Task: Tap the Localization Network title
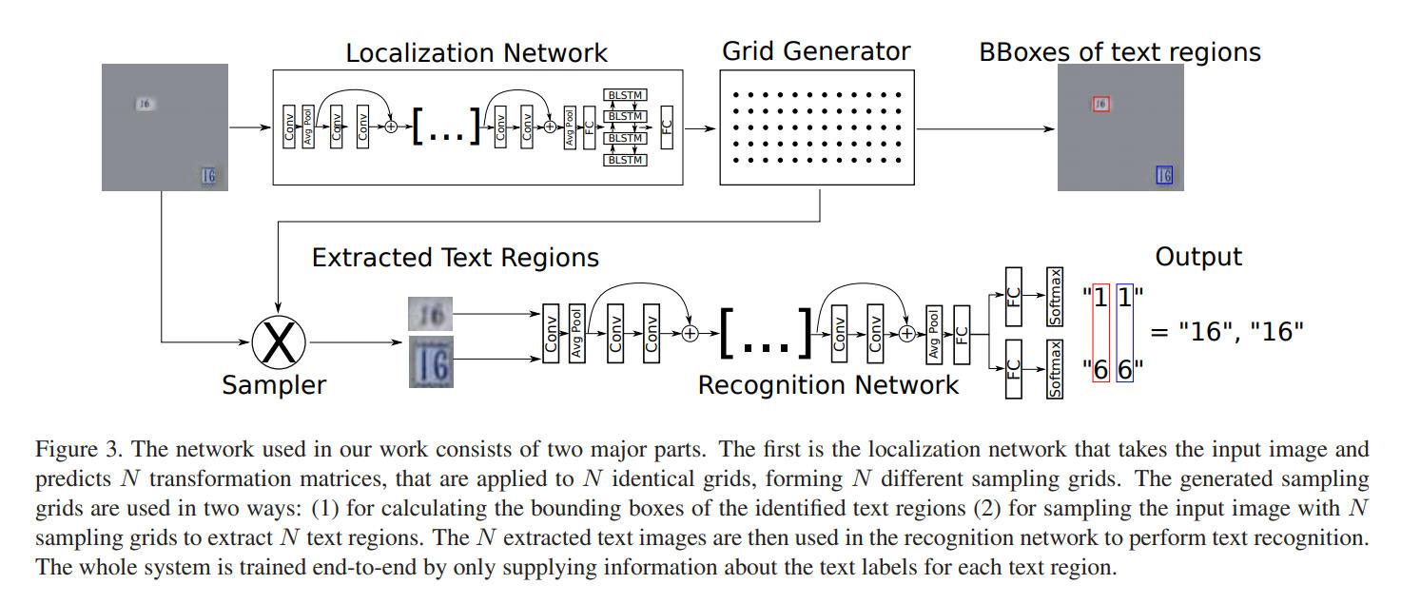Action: (x=476, y=52)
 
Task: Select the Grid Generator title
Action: (x=815, y=50)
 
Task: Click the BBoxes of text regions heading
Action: (x=1119, y=51)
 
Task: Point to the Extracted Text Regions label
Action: (x=456, y=258)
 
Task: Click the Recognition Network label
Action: (x=828, y=385)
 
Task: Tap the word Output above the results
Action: (x=1197, y=257)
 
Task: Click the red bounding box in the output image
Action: (x=1100, y=104)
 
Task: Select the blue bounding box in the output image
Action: (x=1163, y=175)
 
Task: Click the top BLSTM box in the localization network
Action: (x=625, y=95)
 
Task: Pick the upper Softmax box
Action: (x=1054, y=297)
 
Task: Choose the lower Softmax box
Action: (x=1054, y=369)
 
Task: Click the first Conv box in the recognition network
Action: (x=551, y=334)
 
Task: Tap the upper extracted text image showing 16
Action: (x=430, y=313)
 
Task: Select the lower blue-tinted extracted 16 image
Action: (x=430, y=361)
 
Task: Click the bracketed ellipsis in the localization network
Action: (x=447, y=127)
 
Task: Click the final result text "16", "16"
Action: (x=1227, y=332)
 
